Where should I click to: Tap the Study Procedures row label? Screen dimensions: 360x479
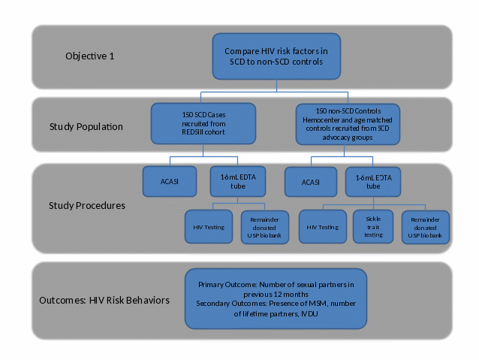tap(86, 204)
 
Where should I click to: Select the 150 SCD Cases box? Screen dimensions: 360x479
tap(203, 123)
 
